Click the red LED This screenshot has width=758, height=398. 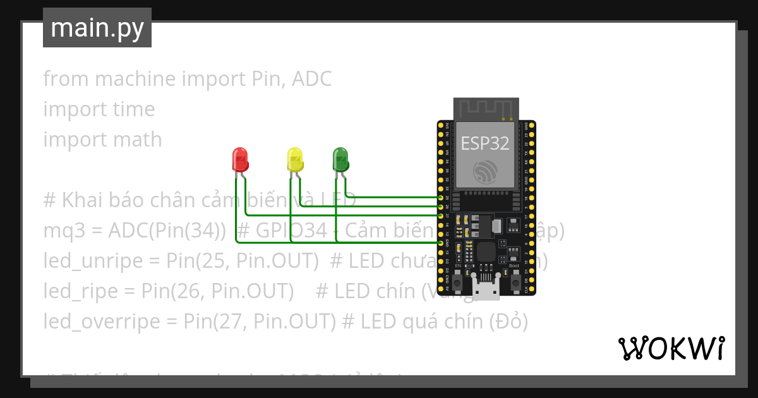pos(240,159)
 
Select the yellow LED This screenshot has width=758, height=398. pos(294,159)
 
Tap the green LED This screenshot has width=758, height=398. pos(340,159)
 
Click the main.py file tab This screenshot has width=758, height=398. pos(97,28)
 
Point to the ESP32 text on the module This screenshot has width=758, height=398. pos(485,143)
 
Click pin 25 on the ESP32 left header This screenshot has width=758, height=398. pos(441,198)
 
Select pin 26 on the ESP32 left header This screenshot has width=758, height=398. pos(441,207)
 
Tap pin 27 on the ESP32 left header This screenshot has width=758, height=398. pos(441,215)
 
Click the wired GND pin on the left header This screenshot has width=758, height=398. pos(441,243)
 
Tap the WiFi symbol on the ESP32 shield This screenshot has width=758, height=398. pos(486,171)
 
